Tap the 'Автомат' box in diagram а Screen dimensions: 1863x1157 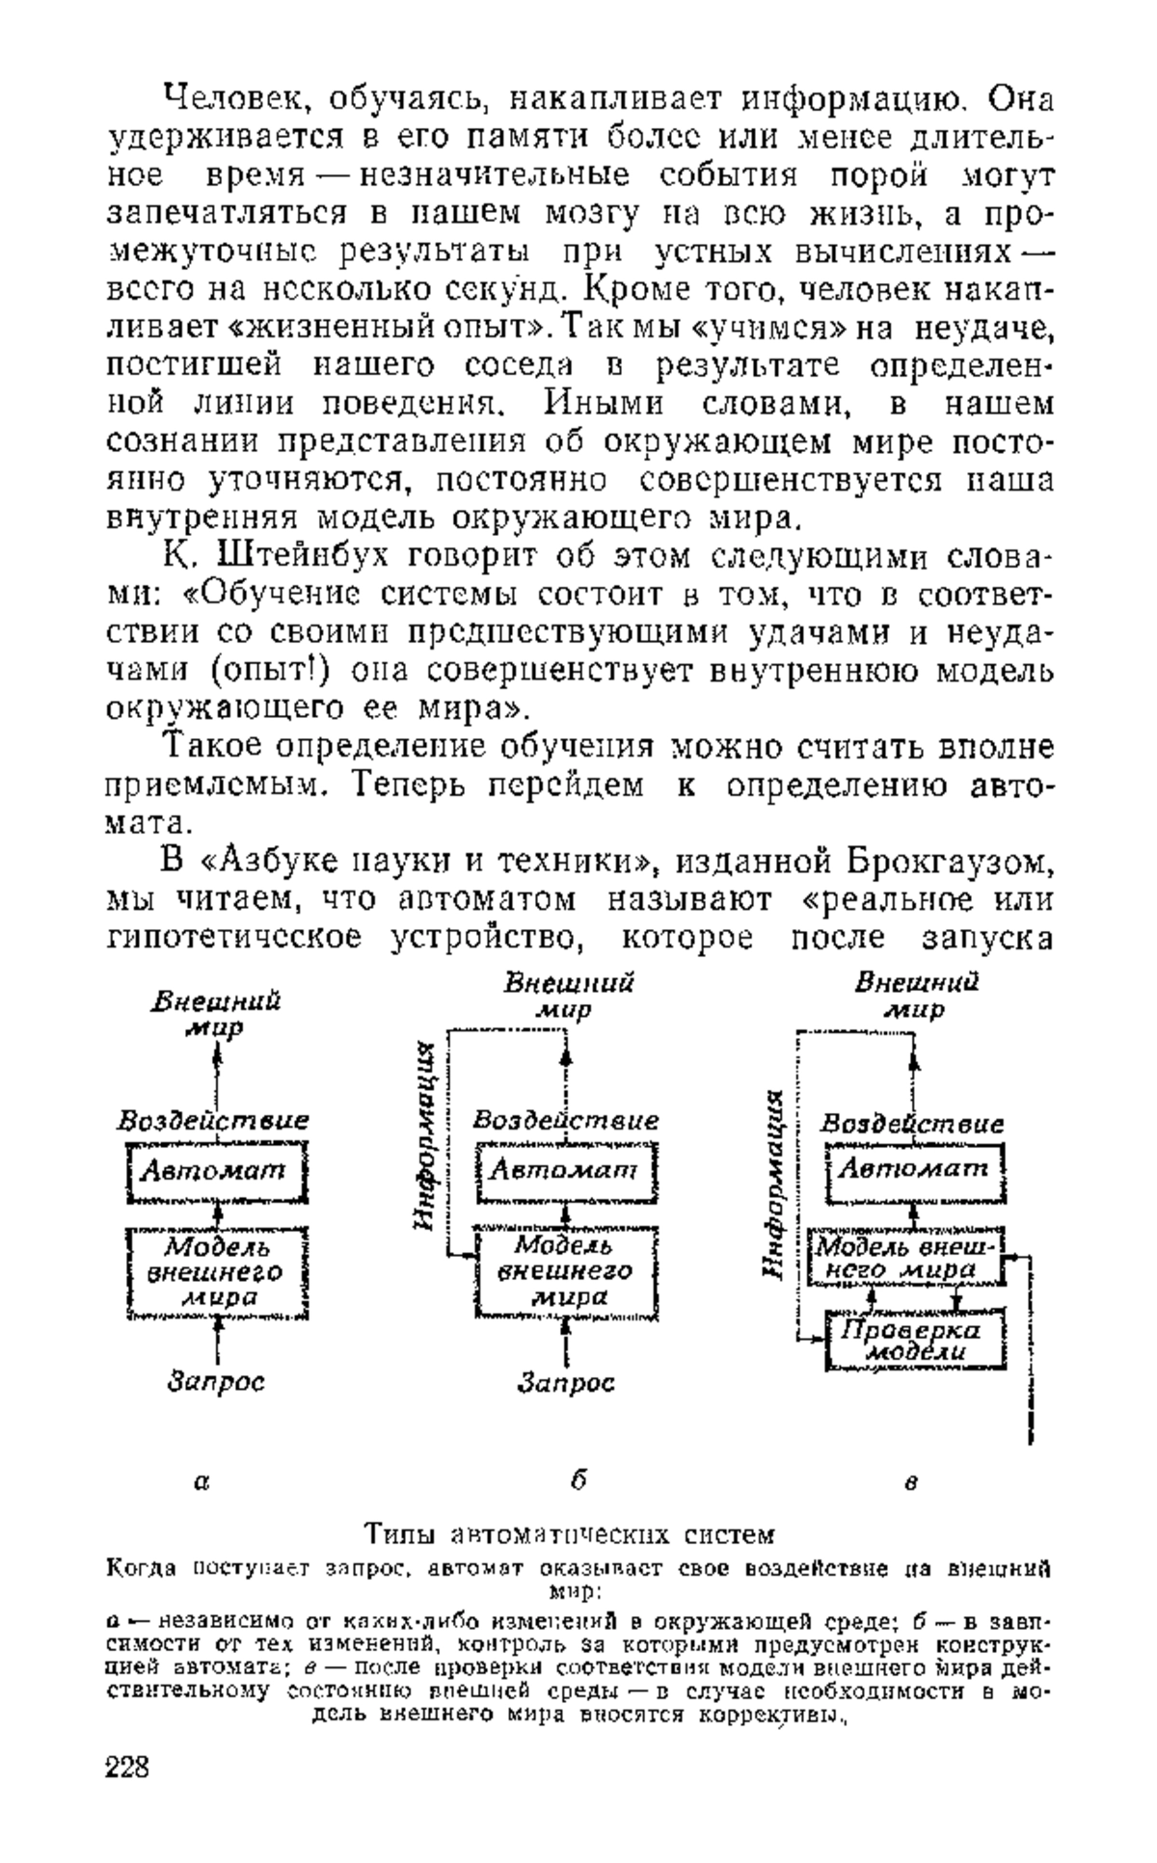point(216,1172)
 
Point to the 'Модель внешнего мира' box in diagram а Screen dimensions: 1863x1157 point(216,1272)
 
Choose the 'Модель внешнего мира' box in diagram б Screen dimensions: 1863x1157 point(566,1272)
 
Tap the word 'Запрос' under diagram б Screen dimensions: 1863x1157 point(566,1384)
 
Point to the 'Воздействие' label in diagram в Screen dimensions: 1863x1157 point(912,1124)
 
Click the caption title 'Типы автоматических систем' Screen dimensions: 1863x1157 point(570,1532)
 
